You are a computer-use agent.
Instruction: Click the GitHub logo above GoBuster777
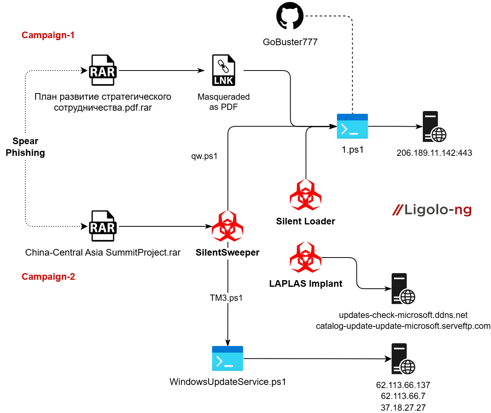coord(290,16)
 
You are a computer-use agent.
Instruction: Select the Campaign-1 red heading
coord(48,35)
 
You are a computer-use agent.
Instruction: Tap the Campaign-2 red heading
coord(48,277)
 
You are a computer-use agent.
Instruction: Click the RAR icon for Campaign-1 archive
coord(103,70)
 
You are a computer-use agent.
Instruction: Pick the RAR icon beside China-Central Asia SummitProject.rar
coord(103,226)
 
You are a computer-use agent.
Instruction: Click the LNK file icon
coord(224,70)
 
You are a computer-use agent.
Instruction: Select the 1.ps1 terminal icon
coord(352,126)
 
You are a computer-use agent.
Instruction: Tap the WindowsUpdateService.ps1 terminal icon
coord(228,358)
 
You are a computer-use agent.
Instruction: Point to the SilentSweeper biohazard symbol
coord(228,226)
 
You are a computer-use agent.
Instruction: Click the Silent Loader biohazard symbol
coord(306,195)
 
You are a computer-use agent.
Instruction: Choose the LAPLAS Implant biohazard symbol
coord(306,257)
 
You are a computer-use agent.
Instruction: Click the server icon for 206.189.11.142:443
coord(434,127)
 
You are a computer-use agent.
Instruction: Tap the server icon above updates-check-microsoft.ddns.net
coord(403,289)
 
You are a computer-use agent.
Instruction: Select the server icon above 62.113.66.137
coord(403,359)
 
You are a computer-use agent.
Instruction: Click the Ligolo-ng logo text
coord(432,210)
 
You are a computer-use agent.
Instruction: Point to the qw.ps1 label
coord(204,156)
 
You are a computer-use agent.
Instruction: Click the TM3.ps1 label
coord(226,298)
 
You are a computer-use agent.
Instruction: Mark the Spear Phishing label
coord(25,147)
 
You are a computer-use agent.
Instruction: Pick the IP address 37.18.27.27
coord(403,408)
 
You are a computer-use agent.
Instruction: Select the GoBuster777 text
coord(290,42)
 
